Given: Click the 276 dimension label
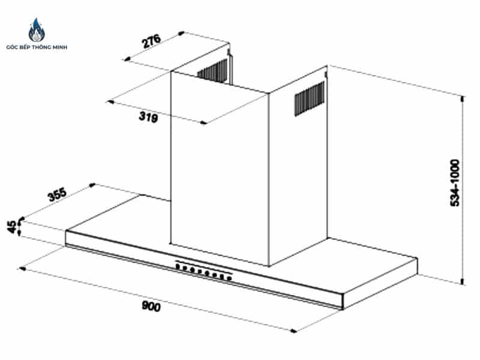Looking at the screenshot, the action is [151, 41].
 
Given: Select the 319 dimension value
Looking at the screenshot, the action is [148, 116].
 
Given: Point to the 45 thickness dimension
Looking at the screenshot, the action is [11, 227].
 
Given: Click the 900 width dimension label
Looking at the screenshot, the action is [151, 306].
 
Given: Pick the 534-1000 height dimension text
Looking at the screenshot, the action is [455, 183].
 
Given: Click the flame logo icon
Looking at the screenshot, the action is [37, 30].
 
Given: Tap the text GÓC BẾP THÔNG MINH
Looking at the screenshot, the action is [37, 47].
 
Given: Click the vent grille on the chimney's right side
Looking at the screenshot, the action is [309, 98].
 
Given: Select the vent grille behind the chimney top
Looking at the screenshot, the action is [212, 70].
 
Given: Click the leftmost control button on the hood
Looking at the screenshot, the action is [178, 266].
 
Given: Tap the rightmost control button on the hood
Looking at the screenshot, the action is [229, 278].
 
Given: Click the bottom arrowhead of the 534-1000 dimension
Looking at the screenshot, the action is [463, 281].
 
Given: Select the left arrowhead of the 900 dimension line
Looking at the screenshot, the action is [22, 269].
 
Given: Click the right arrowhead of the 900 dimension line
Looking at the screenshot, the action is [293, 331].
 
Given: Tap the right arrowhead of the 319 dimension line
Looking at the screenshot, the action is [203, 123].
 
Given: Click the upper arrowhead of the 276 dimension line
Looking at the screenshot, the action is [181, 33].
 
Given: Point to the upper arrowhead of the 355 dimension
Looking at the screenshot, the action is [92, 185].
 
